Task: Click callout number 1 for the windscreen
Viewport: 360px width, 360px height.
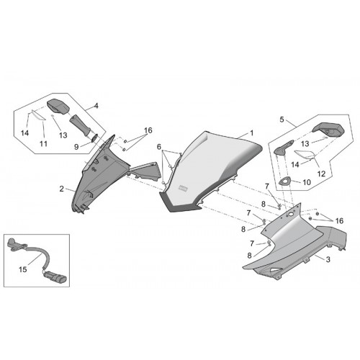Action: click(251, 132)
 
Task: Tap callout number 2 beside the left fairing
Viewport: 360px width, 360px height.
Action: click(62, 189)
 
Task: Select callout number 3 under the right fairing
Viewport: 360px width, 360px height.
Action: click(328, 259)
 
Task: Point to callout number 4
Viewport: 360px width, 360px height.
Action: click(96, 106)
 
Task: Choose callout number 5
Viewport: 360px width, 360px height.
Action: click(282, 120)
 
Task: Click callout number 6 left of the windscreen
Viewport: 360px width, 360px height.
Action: click(159, 147)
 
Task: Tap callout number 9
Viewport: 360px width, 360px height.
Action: click(76, 147)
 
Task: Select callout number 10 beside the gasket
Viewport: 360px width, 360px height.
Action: click(307, 182)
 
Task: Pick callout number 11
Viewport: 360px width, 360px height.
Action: click(43, 144)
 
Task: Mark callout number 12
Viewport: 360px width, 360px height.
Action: click(321, 174)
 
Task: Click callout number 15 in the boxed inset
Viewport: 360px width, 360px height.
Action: click(23, 269)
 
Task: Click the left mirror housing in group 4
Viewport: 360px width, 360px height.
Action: click(58, 106)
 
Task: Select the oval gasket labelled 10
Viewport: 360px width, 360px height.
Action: click(285, 181)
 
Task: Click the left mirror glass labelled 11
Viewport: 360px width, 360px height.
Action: click(39, 115)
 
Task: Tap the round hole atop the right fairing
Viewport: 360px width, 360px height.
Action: click(291, 214)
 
